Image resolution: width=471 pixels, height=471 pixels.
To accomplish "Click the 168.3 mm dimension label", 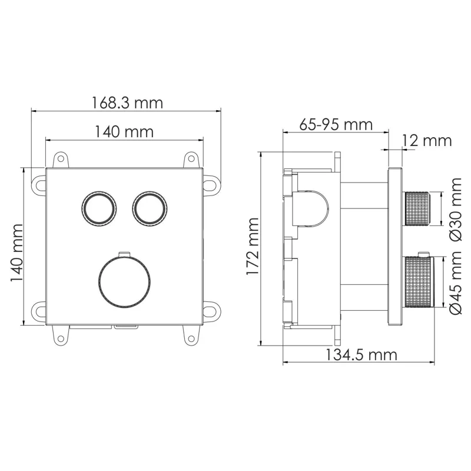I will [127, 102].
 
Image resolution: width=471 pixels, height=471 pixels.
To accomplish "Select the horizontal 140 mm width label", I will [124, 132].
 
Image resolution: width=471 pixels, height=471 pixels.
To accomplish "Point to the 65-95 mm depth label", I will [336, 125].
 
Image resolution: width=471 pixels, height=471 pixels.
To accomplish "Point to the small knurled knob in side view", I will [417, 208].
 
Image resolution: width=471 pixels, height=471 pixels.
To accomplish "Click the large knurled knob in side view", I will [419, 282].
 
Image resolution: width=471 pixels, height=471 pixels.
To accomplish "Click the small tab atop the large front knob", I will [123, 254].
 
